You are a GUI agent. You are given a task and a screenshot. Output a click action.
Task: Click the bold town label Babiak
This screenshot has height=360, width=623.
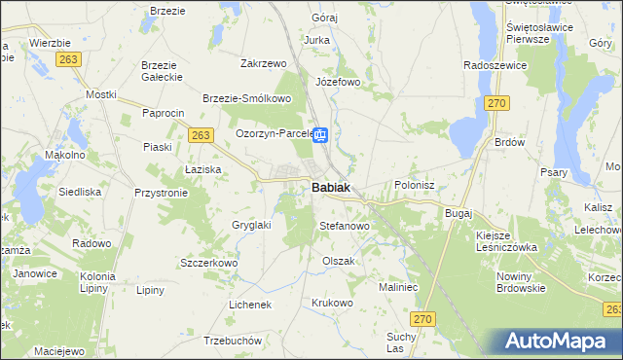331,188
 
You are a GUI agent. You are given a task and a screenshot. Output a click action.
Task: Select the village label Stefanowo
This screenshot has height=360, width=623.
345,226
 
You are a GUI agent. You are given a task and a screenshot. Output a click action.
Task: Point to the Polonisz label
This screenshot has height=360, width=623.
421,184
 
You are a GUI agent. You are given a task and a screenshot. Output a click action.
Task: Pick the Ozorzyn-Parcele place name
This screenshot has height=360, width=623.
273,133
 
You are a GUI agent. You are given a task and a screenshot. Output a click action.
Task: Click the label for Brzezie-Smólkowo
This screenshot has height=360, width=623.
247,98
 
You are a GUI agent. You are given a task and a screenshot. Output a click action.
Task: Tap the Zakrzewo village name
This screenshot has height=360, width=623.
263,63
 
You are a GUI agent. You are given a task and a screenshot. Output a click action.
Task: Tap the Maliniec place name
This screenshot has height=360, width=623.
397,287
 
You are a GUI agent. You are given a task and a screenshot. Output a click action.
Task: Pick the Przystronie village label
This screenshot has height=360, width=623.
161,193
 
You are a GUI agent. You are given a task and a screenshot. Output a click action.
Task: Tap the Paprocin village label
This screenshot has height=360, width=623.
163,113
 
